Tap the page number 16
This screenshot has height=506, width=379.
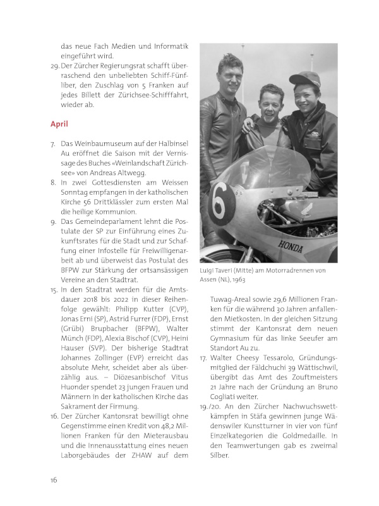[x=54, y=479]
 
